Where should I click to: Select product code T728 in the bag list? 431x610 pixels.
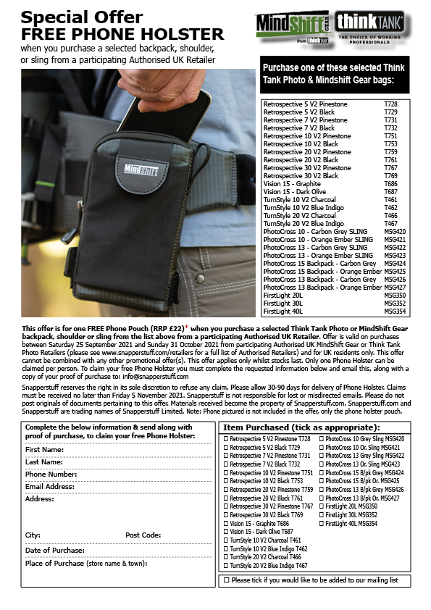(x=390, y=104)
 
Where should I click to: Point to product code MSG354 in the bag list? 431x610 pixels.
(x=395, y=311)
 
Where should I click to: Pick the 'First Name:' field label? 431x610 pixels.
(x=44, y=450)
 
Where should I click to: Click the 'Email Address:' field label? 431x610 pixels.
(x=50, y=487)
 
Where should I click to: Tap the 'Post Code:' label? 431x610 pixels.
(x=143, y=535)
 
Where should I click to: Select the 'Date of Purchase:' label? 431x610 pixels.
(x=55, y=551)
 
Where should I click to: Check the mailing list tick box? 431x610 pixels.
(x=227, y=580)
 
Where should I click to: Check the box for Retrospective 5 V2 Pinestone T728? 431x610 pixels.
(x=226, y=439)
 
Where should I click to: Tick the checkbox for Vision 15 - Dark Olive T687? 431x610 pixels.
(x=226, y=532)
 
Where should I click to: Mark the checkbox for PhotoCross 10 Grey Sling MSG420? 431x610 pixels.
(x=320, y=439)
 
